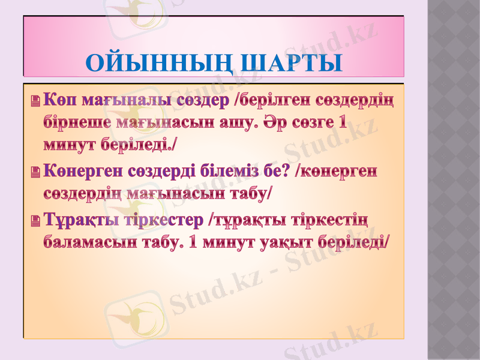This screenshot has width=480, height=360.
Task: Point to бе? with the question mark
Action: point(281,172)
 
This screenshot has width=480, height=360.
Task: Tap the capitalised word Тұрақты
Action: point(77,220)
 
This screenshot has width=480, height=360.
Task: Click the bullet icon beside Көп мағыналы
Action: point(35,101)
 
